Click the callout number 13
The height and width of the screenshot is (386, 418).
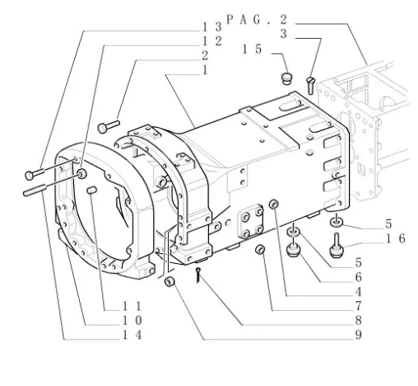pos(211,27)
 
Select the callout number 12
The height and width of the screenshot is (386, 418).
pos(211,41)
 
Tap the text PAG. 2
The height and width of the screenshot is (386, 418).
pos(257,20)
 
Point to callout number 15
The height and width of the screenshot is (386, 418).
pos(252,49)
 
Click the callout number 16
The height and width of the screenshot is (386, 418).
pos(395,238)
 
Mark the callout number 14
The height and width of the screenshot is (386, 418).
pos(132,335)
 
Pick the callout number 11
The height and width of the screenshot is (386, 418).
pos(132,306)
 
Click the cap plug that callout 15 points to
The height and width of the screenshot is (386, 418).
pos(287,78)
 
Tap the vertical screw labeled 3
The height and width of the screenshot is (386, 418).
pos(310,85)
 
